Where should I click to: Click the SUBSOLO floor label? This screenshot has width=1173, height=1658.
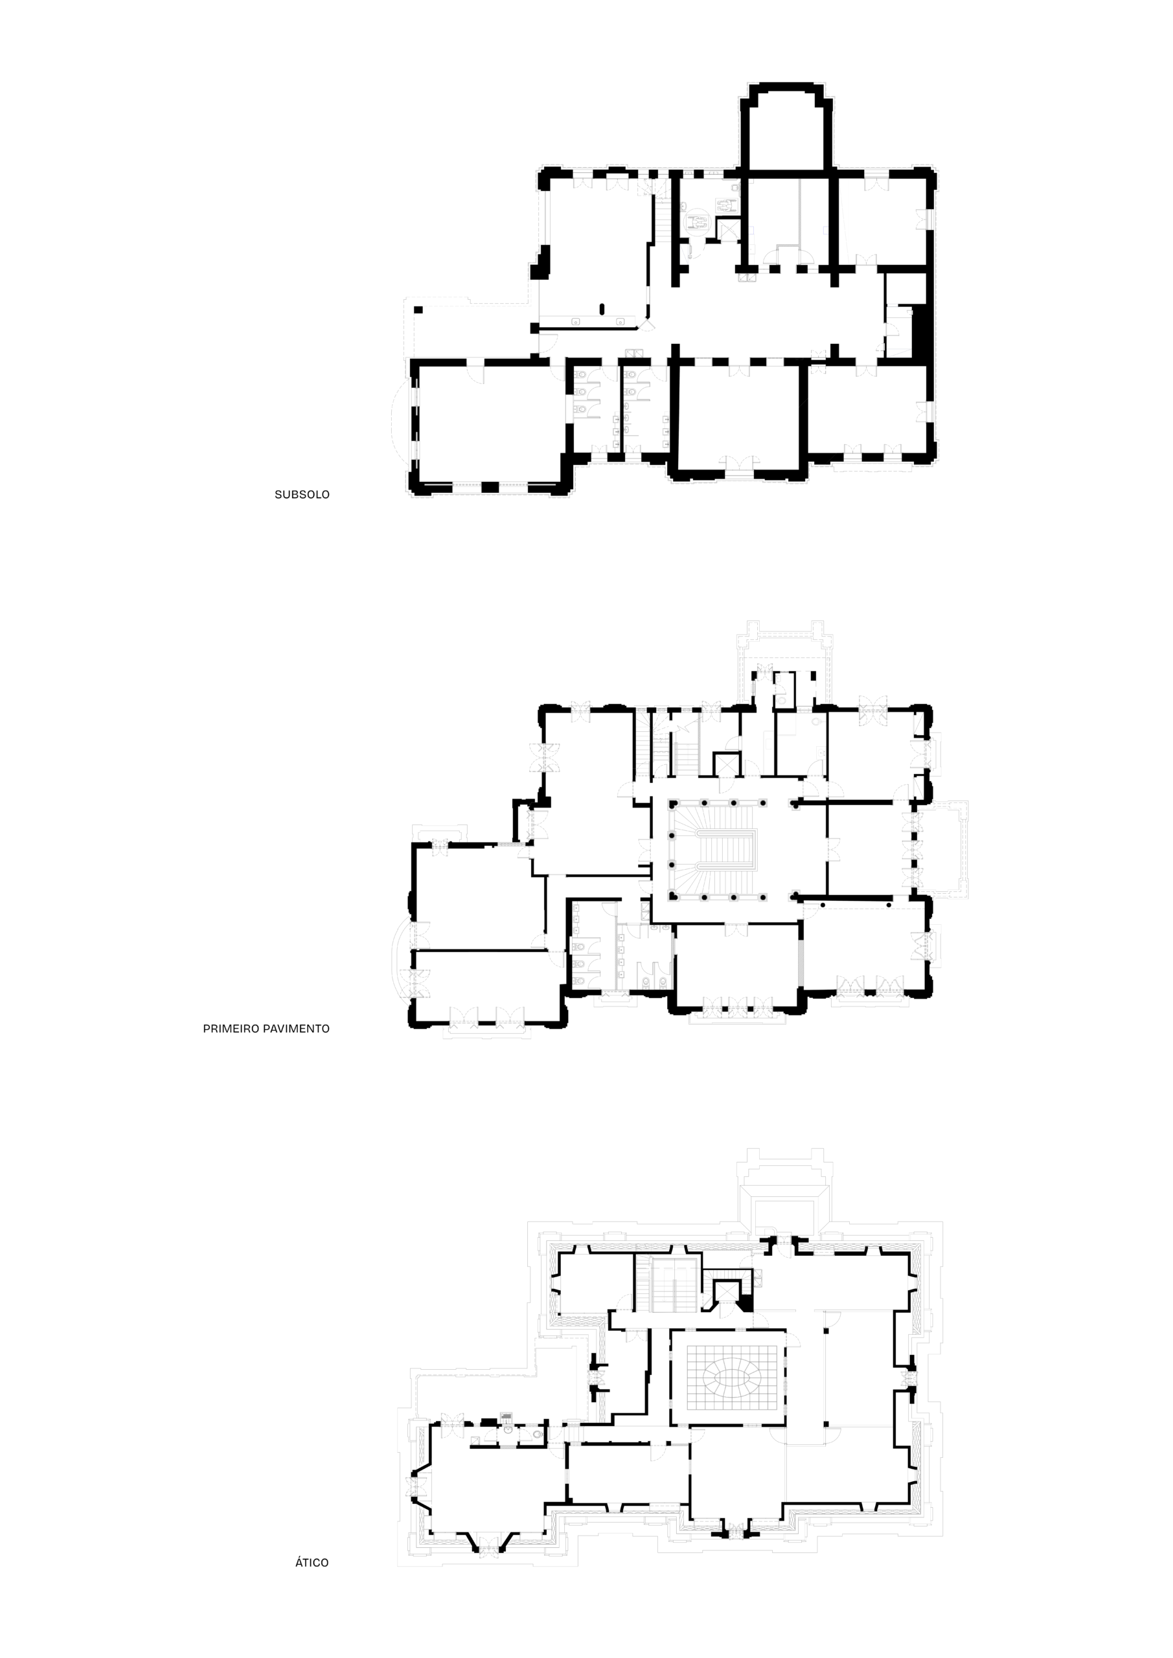pos(302,495)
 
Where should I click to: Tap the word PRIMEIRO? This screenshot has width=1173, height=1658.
pos(231,1028)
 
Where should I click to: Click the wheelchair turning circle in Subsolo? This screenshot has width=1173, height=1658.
pos(698,221)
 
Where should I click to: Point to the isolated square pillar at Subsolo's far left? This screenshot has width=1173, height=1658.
pos(418,310)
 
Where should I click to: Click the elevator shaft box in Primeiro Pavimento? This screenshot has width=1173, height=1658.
pos(727,764)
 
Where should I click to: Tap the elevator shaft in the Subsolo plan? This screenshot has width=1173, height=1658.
pos(728,229)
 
